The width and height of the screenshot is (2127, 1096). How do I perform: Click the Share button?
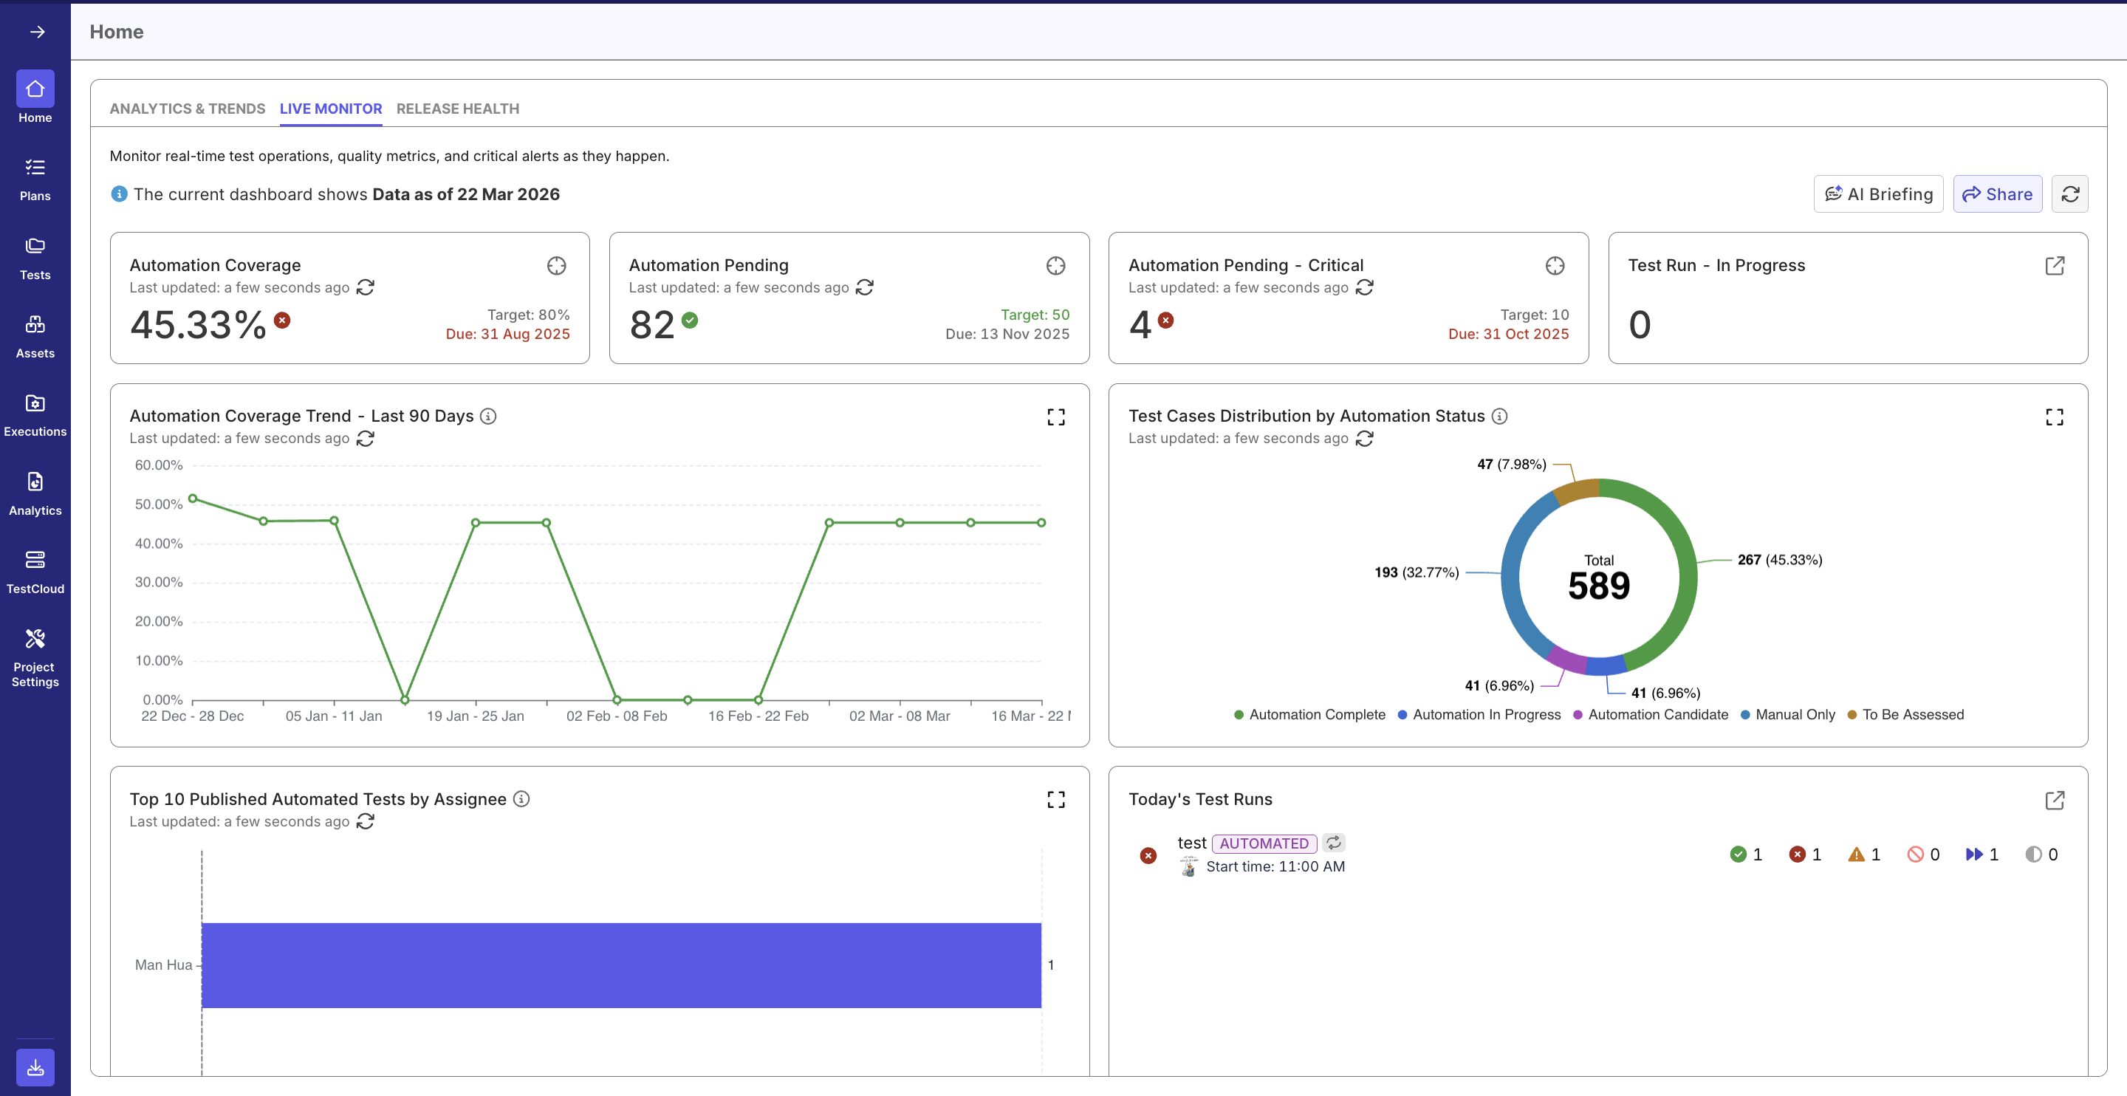pyautogui.click(x=1996, y=194)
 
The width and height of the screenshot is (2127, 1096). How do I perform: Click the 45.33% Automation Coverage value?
pyautogui.click(x=198, y=324)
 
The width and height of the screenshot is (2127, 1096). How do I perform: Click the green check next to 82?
pyautogui.click(x=691, y=321)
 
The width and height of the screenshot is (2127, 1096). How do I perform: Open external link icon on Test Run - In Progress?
pyautogui.click(x=2055, y=266)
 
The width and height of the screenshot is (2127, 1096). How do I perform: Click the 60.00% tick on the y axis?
pyautogui.click(x=159, y=465)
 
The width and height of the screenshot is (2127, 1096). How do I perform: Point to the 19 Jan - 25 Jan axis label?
pyautogui.click(x=475, y=716)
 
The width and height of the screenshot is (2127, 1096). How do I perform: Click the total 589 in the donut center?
pyautogui.click(x=1598, y=586)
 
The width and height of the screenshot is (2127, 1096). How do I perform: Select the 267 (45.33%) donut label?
pyautogui.click(x=1779, y=559)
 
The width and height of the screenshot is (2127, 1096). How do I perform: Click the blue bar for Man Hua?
pyautogui.click(x=621, y=965)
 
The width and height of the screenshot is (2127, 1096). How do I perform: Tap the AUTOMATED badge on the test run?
pyautogui.click(x=1264, y=843)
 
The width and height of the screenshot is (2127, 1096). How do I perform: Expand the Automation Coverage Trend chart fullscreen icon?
pyautogui.click(x=1055, y=417)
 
